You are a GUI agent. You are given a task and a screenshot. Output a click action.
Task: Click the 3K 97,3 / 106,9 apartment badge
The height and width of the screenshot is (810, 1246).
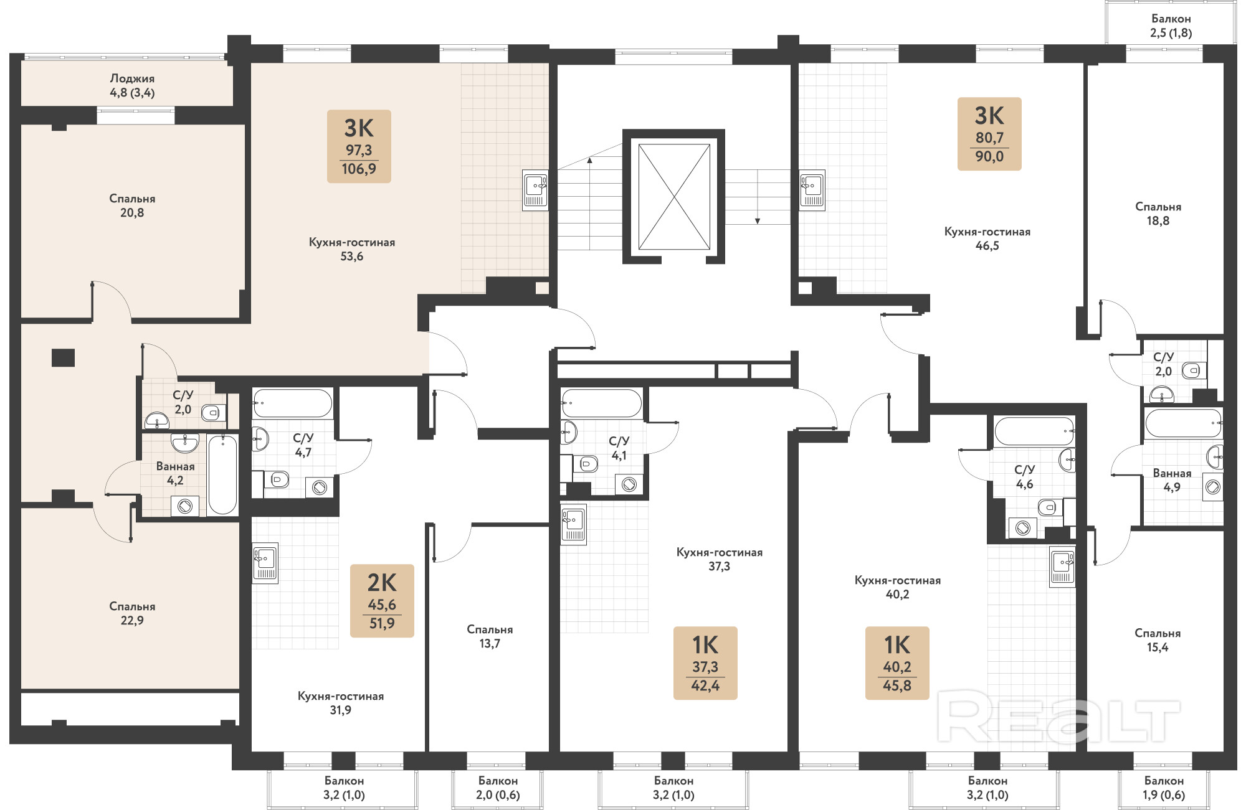[359, 146]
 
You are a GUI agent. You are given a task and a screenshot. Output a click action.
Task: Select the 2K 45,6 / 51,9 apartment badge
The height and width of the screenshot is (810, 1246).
[382, 601]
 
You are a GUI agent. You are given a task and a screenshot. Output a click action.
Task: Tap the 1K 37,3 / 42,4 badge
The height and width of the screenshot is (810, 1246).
[705, 663]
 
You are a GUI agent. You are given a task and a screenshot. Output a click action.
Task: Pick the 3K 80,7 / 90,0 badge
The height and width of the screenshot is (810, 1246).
[989, 134]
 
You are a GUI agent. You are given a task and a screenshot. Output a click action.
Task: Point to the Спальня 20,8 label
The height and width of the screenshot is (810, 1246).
[132, 205]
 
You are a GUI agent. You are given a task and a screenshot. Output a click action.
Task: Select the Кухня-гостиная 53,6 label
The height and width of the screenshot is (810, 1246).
[352, 249]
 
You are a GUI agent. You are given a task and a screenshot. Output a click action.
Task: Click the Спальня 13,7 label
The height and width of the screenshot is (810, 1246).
[490, 636]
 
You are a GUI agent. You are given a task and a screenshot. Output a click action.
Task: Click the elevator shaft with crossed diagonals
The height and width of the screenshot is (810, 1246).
[674, 197]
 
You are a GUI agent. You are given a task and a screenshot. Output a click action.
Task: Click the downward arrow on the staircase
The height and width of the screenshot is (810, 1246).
[758, 197]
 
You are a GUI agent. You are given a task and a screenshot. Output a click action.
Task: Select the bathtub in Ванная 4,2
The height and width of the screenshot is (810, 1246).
[222, 474]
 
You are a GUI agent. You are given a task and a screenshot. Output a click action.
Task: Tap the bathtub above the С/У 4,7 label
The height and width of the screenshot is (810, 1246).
[292, 403]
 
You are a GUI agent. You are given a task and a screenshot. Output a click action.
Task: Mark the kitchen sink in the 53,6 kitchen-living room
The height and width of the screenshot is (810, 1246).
[535, 190]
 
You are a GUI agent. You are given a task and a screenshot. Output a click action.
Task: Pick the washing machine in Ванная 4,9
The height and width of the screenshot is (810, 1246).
[1213, 487]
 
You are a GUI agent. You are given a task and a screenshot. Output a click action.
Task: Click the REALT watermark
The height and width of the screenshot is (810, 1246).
[1059, 720]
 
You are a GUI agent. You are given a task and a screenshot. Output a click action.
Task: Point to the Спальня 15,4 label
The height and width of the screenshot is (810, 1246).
[1158, 640]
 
